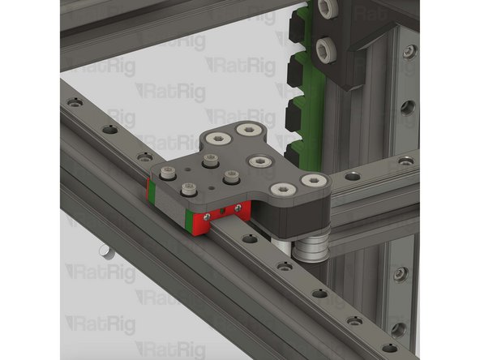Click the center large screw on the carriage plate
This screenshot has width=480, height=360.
[259, 161]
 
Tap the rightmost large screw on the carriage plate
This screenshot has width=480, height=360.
[312, 181]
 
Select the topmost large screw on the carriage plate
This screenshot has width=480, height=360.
[245, 129]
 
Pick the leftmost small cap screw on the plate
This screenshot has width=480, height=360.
[169, 172]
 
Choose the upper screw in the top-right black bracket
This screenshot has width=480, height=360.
[328, 9]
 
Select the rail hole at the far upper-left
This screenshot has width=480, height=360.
[75, 103]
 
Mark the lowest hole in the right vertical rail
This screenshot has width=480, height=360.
[398, 329]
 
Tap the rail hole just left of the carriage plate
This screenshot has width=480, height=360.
[144, 156]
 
